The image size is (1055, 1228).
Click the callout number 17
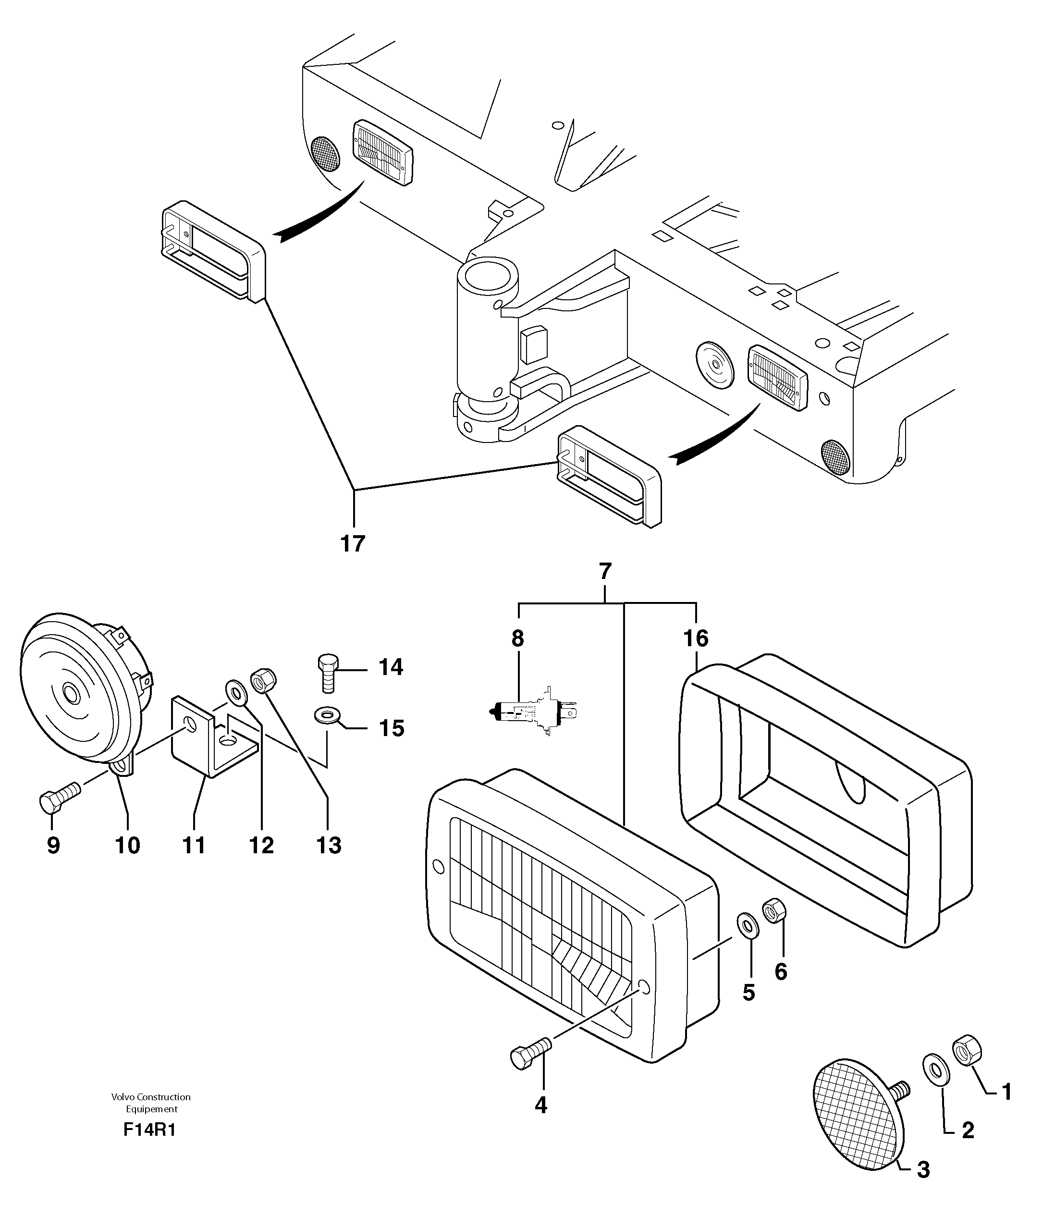353,543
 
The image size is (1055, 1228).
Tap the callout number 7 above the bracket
604,571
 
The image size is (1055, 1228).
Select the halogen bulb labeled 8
535,710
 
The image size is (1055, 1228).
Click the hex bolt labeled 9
59,798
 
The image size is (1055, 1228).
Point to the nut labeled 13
264,680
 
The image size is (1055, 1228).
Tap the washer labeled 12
237,692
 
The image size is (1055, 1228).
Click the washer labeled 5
748,926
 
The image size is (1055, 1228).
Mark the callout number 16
696,639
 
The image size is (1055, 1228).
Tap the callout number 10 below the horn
128,845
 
